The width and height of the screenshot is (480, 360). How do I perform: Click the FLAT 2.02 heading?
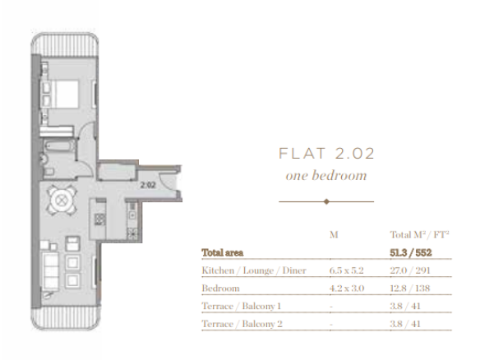click(326, 154)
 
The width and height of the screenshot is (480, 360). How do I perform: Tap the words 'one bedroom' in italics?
click(326, 175)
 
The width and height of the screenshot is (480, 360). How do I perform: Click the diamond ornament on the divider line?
click(326, 201)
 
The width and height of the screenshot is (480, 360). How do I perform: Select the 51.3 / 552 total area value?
click(410, 252)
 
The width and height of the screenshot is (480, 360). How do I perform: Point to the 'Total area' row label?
click(223, 253)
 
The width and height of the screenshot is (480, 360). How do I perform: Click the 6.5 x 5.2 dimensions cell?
click(347, 270)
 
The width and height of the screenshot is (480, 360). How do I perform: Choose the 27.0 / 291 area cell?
click(410, 270)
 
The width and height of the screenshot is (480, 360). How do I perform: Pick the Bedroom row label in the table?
click(220, 288)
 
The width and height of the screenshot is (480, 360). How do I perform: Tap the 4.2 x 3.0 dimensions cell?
click(347, 288)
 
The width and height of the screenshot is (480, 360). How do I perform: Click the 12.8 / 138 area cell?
click(410, 288)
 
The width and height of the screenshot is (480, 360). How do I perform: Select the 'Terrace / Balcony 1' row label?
click(241, 306)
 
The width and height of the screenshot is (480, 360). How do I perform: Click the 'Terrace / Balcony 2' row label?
click(242, 324)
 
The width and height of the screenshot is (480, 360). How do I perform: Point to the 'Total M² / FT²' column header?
click(419, 235)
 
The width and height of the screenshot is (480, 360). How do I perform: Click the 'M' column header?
click(334, 235)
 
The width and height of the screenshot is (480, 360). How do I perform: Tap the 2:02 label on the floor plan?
click(148, 185)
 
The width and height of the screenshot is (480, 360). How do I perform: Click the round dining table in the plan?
click(62, 201)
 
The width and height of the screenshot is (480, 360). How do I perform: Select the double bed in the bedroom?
click(60, 95)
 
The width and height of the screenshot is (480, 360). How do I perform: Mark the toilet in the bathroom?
click(48, 172)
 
